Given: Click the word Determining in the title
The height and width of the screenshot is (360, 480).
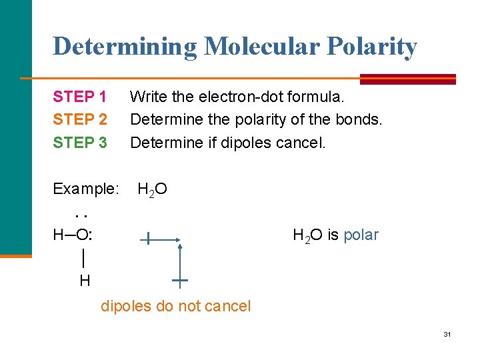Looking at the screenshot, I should click(x=125, y=47).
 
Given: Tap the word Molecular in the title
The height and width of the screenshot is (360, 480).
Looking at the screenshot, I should click(x=250, y=47).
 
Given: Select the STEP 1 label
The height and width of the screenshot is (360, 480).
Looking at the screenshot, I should click(x=80, y=97).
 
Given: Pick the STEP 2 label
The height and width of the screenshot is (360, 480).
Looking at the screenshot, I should click(x=80, y=119).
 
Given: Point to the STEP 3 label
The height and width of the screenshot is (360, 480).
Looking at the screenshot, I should click(x=80, y=142).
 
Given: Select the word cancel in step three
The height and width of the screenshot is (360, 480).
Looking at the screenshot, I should click(x=301, y=142).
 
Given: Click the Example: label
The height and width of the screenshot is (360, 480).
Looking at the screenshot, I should click(x=85, y=189).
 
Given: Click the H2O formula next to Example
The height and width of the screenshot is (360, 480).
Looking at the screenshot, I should click(x=152, y=190).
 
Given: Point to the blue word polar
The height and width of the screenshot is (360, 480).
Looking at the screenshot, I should click(x=361, y=235).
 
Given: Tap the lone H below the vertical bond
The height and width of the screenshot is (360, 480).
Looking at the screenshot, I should click(x=85, y=281).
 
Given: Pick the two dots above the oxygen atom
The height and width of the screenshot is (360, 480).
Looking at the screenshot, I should click(x=82, y=215).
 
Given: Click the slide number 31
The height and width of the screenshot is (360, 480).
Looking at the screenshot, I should click(x=447, y=334).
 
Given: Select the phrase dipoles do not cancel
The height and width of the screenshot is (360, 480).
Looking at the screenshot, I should click(x=175, y=306).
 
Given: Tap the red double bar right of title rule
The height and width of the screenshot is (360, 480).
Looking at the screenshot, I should click(x=407, y=79).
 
